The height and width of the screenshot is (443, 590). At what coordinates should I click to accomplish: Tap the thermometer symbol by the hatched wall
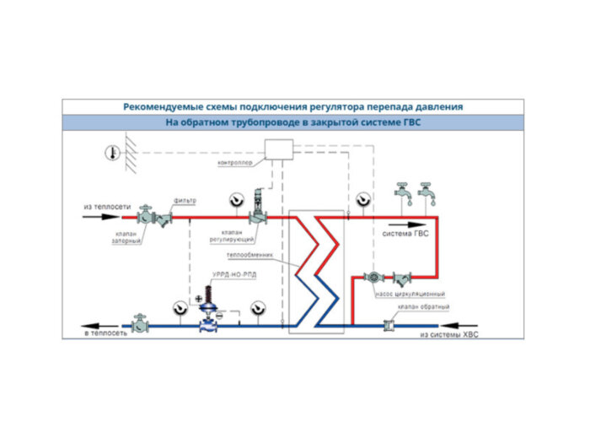(110, 153)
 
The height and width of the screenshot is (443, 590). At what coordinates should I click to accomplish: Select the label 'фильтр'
(185, 200)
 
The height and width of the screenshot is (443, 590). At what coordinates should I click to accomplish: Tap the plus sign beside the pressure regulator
(199, 300)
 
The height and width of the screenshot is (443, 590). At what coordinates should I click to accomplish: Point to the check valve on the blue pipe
(389, 324)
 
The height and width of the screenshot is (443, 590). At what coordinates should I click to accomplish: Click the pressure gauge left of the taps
(363, 199)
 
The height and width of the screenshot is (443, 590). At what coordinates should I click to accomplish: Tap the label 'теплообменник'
(250, 256)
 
